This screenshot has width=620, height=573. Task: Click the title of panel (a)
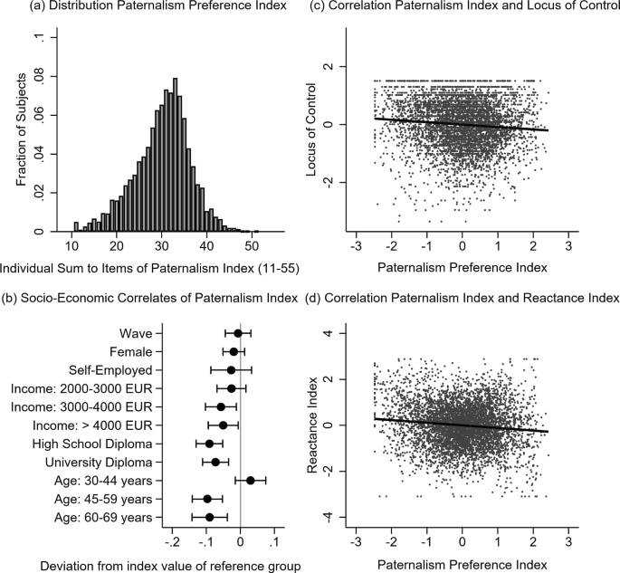[x=150, y=10]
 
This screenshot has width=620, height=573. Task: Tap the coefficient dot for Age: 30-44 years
[x=250, y=481]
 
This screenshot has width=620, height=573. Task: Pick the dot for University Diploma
[x=215, y=462]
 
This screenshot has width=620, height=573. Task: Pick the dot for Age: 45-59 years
[x=207, y=499]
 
